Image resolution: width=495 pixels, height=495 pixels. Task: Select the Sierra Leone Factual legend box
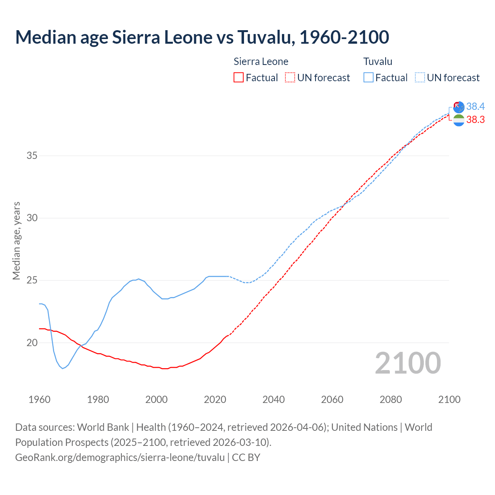click(239, 77)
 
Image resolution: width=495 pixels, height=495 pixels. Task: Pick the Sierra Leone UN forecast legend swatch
click(290, 77)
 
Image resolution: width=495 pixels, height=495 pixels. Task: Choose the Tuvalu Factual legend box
click(369, 77)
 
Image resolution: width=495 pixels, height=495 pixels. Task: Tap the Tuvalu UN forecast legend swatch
click(420, 77)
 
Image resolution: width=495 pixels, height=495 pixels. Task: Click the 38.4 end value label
click(475, 106)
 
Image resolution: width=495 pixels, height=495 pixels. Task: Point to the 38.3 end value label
click(475, 120)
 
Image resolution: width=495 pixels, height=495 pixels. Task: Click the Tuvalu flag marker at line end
click(459, 107)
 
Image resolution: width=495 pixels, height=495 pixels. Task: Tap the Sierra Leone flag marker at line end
click(459, 120)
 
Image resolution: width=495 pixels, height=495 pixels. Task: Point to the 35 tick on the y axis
click(32, 156)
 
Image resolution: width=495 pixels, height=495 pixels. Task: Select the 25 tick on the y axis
click(32, 280)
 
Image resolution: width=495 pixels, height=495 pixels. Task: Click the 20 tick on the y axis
click(32, 343)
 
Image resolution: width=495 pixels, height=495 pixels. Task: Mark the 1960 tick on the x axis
click(39, 399)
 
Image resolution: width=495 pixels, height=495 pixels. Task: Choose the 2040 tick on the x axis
click(273, 399)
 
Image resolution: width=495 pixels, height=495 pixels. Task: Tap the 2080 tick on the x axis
click(391, 399)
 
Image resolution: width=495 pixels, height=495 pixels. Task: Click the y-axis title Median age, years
click(16, 241)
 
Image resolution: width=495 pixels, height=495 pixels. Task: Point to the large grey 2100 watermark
click(408, 363)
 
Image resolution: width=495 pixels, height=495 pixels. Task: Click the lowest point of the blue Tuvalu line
click(63, 369)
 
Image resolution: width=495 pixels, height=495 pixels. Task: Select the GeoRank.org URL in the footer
click(120, 457)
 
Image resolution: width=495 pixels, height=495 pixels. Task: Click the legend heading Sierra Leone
click(261, 61)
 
